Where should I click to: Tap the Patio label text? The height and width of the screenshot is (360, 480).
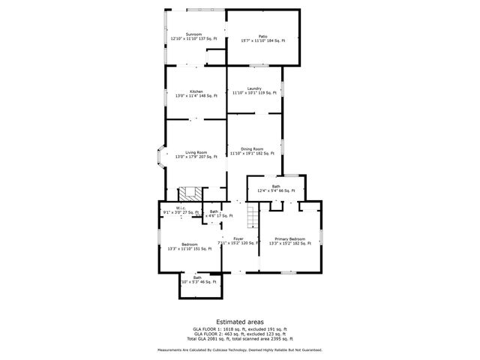(x=263, y=37)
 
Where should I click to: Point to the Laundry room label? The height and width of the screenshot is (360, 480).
(x=254, y=90)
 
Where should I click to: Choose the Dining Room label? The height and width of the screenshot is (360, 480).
(x=252, y=151)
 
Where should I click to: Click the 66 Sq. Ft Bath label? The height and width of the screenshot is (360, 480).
(x=276, y=188)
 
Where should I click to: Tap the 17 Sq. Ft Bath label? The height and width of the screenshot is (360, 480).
(x=214, y=214)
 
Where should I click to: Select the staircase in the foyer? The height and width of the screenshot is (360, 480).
(x=253, y=217)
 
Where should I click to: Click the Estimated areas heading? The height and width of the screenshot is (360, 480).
(x=239, y=321)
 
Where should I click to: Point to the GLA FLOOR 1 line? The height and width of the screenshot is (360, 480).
(x=239, y=328)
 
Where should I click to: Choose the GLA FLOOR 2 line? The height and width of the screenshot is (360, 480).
(x=239, y=333)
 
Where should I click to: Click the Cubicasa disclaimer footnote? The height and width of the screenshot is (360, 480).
(x=239, y=349)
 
